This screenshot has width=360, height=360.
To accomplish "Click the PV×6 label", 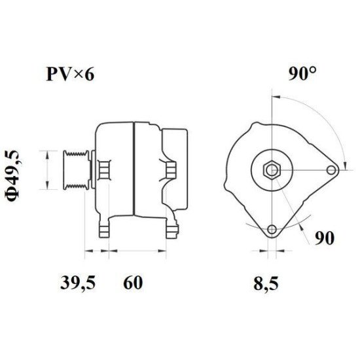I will click(69, 74).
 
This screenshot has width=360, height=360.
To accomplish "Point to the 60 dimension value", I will click(132, 283).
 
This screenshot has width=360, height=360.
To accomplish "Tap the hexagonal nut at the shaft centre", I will click(272, 170).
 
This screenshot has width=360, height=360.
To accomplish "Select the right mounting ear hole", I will click(332, 170).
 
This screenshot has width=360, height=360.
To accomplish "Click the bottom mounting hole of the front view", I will click(272, 230).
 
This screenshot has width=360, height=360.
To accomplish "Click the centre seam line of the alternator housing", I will click(134, 170).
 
